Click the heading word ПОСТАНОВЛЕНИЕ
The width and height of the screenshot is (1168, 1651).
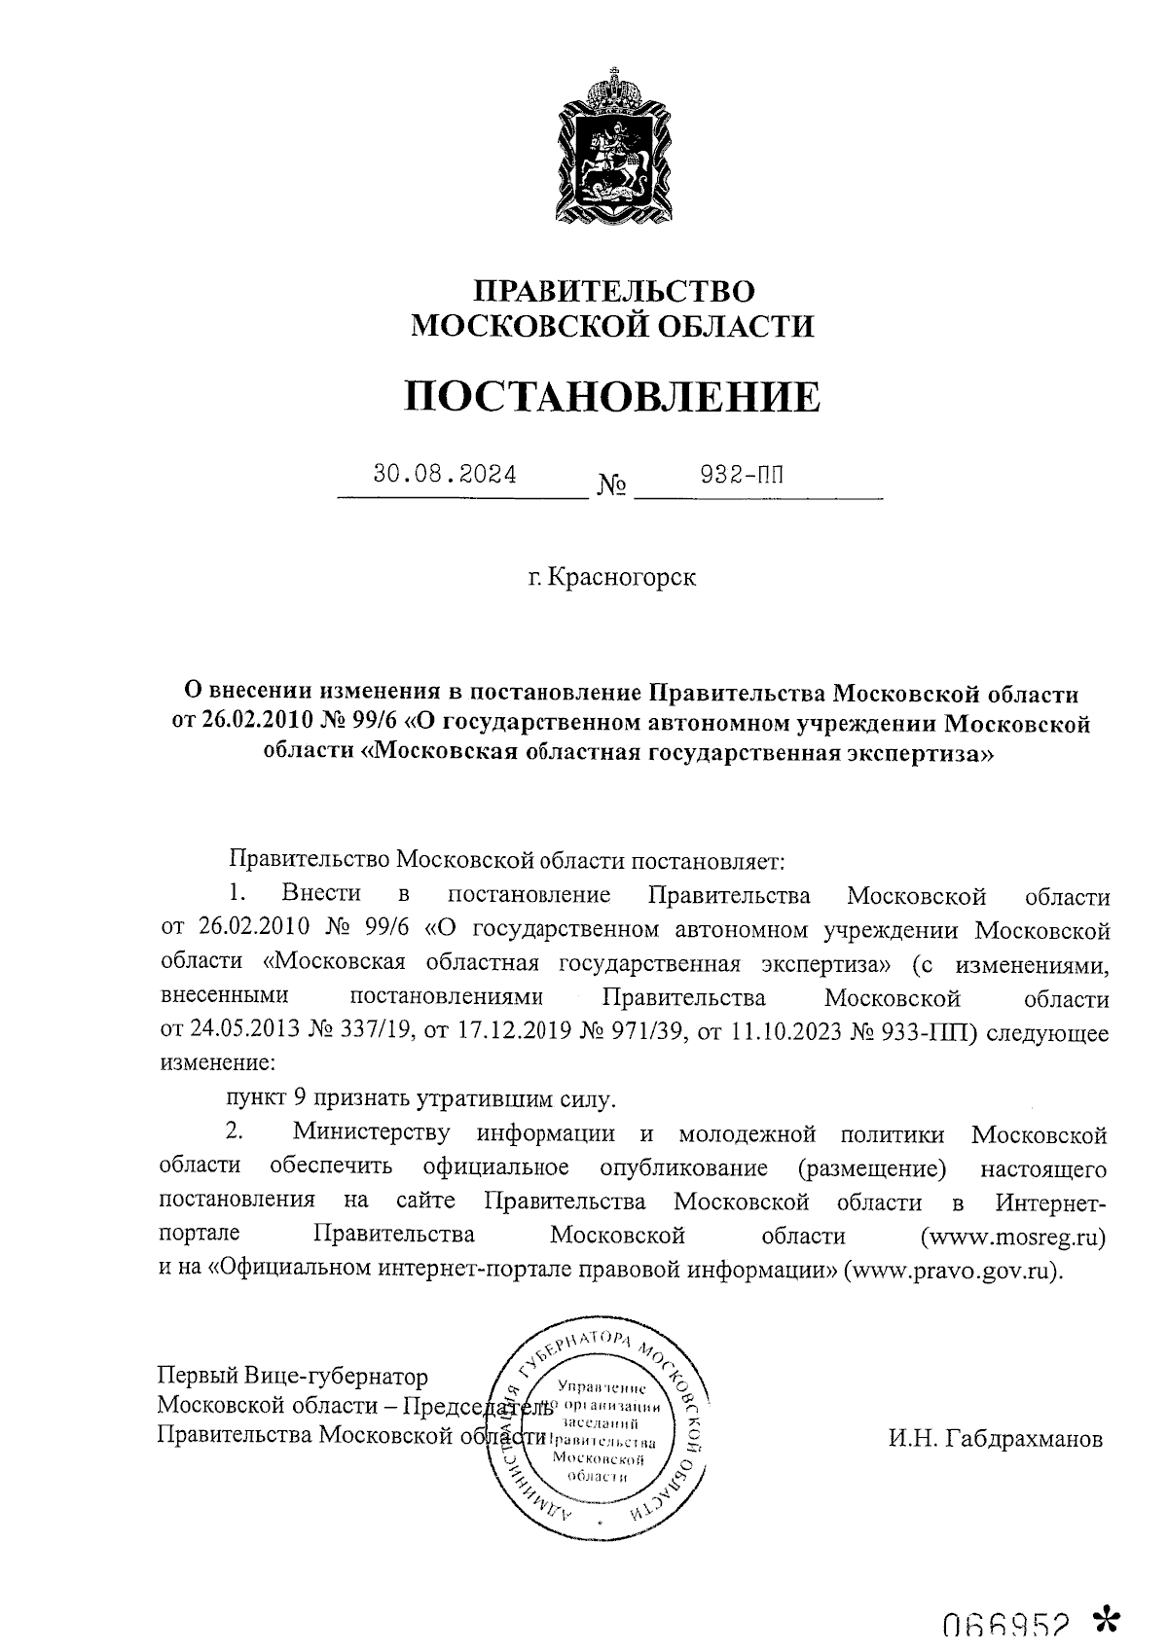(612, 397)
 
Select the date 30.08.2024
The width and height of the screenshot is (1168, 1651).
(445, 475)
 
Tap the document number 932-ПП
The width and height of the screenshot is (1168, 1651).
(743, 475)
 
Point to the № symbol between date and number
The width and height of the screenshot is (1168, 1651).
(611, 485)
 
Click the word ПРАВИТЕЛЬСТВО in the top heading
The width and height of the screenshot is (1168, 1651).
(613, 291)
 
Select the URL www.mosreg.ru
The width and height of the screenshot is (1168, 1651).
(1013, 1237)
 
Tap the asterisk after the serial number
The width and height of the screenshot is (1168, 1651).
(1107, 1620)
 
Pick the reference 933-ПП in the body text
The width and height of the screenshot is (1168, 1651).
(924, 1032)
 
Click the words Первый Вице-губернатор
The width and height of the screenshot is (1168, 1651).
(293, 1377)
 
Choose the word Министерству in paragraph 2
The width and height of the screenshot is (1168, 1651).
(371, 1134)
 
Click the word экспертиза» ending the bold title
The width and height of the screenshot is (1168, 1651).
(909, 754)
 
